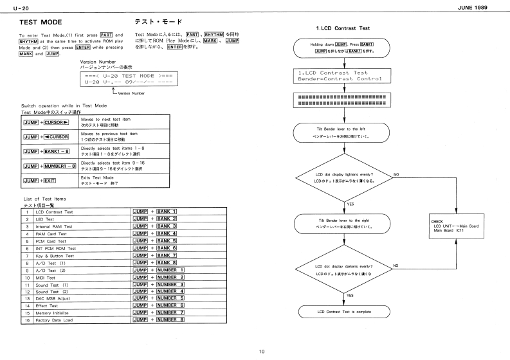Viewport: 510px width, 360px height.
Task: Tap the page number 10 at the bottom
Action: [x=261, y=351]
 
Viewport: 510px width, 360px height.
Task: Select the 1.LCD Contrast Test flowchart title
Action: [x=343, y=28]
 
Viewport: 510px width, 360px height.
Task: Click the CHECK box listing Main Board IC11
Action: [x=456, y=226]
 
